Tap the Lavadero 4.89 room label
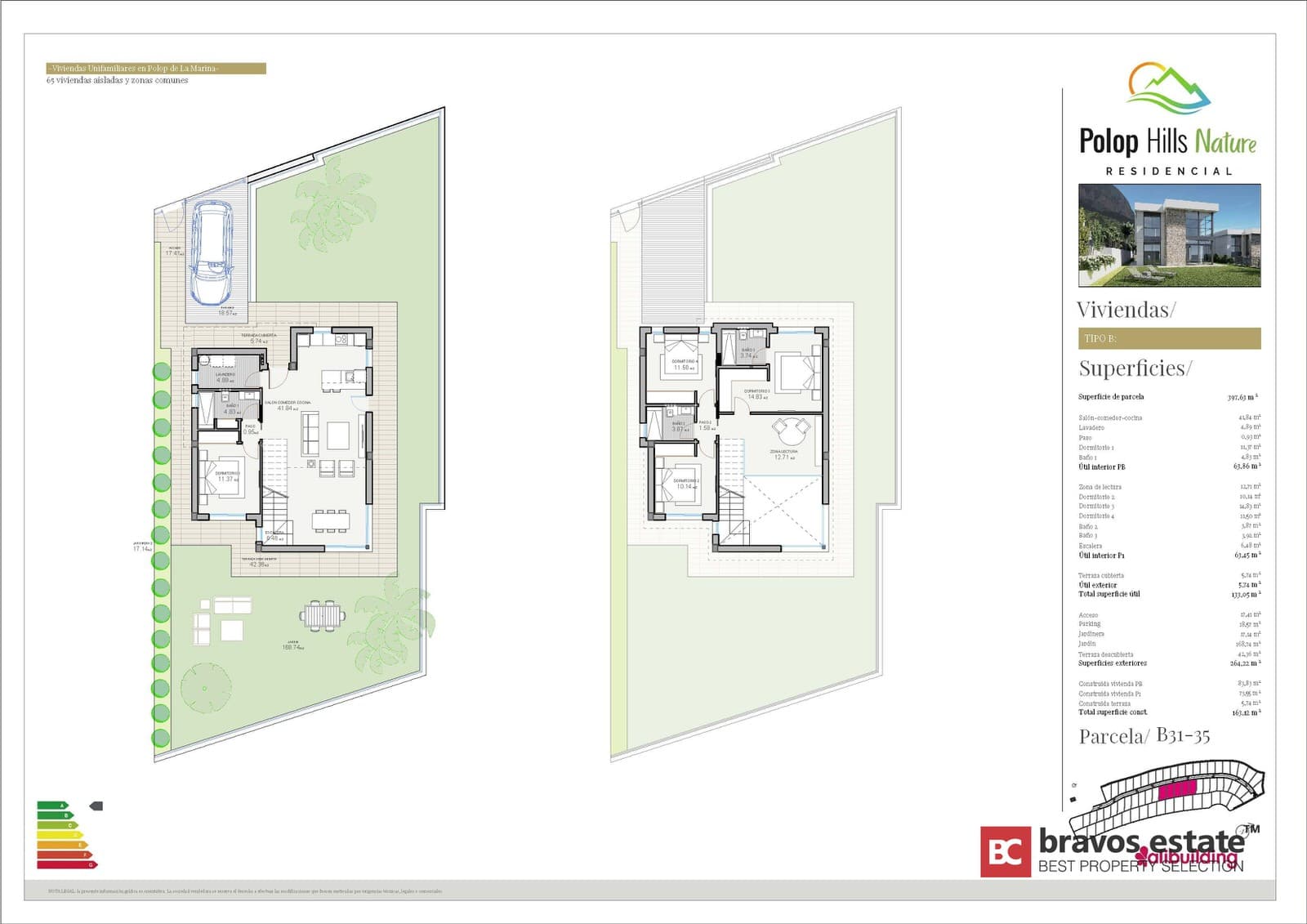pos(225,377)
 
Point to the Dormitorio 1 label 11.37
pos(227,477)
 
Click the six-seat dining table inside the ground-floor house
pos(330,520)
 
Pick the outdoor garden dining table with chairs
pos(323,614)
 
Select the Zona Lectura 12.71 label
pos(783,455)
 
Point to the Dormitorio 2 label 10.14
pos(685,484)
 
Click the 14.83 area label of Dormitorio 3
pos(756,395)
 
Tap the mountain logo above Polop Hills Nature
pos(1168,87)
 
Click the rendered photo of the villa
pos(1169,235)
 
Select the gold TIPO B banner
pos(1169,338)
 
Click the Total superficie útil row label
pos(1108,594)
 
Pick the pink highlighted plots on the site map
pos(1177,789)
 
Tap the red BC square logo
pos(1005,852)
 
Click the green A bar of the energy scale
pos(51,806)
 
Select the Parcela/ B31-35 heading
pos(1144,736)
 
